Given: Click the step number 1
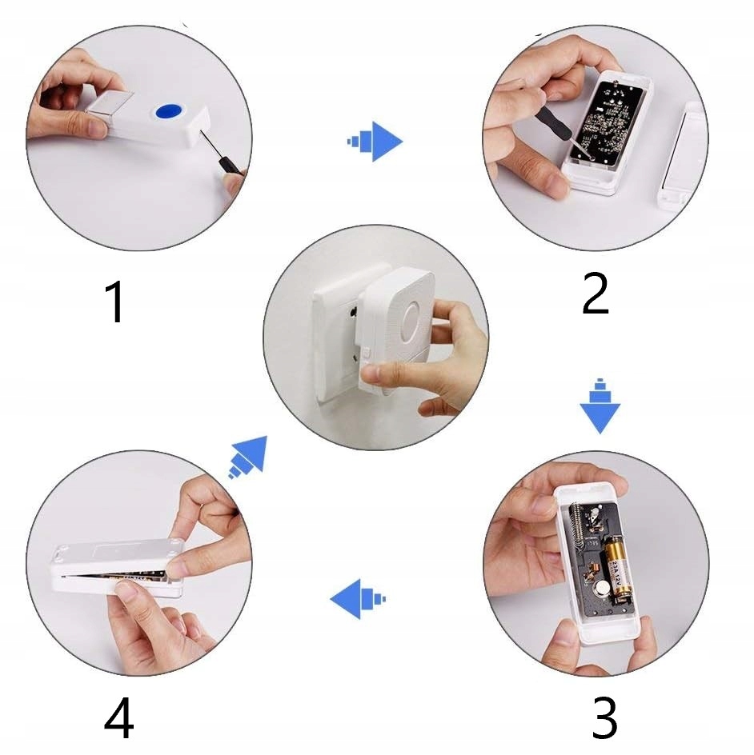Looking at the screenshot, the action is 114,302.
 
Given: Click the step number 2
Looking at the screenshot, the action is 595,294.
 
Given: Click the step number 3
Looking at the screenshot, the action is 604,717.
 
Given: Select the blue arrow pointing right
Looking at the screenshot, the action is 375,142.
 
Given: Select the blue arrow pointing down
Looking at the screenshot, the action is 600,406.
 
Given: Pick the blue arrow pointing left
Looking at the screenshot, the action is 358,598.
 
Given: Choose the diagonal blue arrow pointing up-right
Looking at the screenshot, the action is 247,457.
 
